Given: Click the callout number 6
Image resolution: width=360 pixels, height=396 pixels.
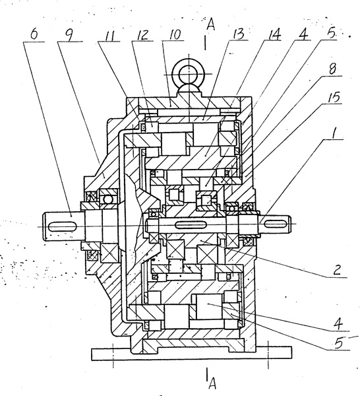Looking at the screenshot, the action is (34, 34).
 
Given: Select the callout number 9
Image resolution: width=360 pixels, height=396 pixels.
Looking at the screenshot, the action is (68, 34).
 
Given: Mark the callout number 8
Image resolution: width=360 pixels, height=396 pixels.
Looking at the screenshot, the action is (332, 69).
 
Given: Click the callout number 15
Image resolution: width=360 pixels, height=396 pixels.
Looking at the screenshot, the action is (334, 97).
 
